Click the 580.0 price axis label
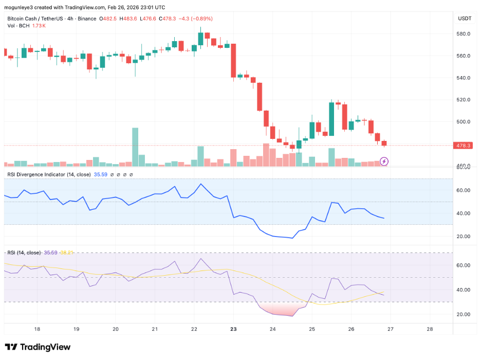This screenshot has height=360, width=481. (x=464, y=34)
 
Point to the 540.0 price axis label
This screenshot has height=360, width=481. (x=464, y=78)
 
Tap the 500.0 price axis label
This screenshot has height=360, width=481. (x=464, y=122)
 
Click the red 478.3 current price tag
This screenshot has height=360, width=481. (x=464, y=146)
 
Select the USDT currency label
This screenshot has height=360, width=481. (x=465, y=19)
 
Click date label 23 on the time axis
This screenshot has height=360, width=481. (x=233, y=329)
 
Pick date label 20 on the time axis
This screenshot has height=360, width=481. (x=116, y=329)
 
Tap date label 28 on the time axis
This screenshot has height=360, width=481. (x=430, y=329)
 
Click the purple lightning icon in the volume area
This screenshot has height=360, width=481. (x=384, y=161)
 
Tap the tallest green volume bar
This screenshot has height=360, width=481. (x=135, y=147)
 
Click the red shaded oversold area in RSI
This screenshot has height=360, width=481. (x=280, y=309)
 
